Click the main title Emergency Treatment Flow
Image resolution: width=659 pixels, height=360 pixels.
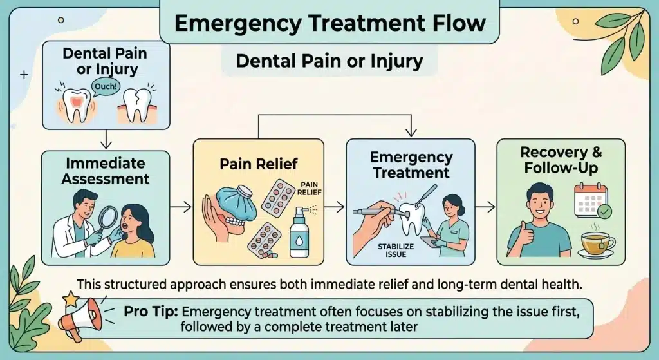pos(329,23)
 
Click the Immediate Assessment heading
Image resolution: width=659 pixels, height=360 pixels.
pos(106,171)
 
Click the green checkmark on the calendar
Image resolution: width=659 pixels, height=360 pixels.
pos(604,211)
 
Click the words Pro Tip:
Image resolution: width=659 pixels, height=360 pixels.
pos(151,312)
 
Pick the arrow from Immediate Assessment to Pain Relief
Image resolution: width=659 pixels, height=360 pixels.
pos(182,207)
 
